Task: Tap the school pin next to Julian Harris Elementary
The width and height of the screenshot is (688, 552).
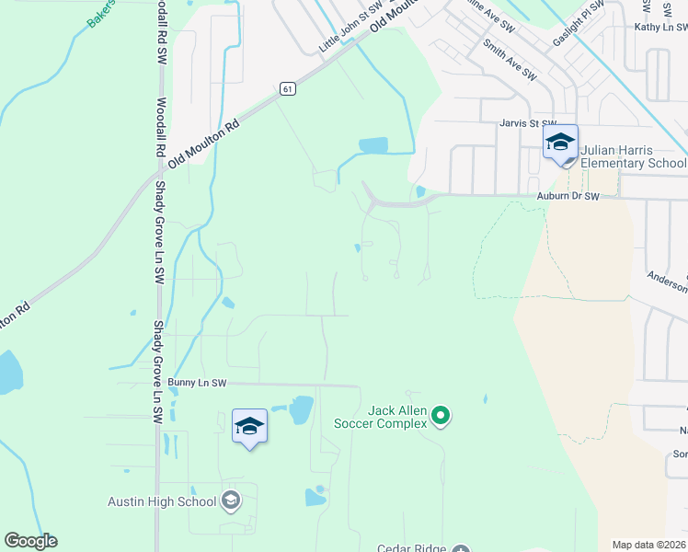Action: click(x=559, y=143)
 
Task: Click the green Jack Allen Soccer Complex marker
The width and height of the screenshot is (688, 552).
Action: click(x=441, y=417)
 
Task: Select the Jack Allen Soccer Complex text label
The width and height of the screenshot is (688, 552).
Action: click(x=397, y=417)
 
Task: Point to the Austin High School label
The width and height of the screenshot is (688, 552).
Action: click(x=162, y=500)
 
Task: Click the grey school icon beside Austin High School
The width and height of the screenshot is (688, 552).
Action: click(x=230, y=500)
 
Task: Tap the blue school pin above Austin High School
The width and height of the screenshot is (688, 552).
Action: click(x=249, y=427)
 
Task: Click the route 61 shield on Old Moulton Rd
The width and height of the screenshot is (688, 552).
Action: click(x=288, y=88)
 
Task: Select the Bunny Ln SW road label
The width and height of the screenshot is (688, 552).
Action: click(x=198, y=382)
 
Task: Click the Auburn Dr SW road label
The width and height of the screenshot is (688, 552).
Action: click(x=568, y=196)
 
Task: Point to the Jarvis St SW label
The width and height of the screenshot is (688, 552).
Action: click(x=528, y=122)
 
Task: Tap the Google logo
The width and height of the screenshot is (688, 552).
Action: click(x=30, y=541)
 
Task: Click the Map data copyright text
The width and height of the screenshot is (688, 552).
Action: click(x=649, y=545)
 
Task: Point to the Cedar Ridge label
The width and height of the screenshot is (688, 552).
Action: click(x=410, y=547)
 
